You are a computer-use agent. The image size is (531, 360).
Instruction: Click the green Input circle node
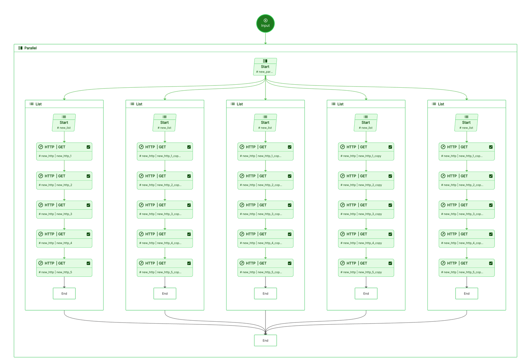click(x=265, y=23)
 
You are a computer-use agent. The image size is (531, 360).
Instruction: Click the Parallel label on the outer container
click(x=30, y=48)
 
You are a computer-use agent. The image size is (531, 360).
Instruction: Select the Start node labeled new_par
click(x=265, y=67)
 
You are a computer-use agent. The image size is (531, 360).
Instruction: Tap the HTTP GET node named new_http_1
click(x=64, y=152)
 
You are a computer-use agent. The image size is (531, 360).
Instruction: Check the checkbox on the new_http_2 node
click(x=88, y=176)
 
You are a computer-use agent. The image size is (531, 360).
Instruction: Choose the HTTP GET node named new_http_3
click(x=64, y=210)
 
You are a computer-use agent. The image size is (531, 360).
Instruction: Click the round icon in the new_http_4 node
click(x=41, y=234)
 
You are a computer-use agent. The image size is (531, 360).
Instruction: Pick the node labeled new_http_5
click(x=64, y=267)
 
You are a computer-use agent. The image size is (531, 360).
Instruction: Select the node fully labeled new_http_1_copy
click(x=366, y=152)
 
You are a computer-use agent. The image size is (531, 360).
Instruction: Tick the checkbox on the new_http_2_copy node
click(x=390, y=176)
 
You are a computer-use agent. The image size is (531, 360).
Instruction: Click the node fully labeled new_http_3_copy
click(x=366, y=210)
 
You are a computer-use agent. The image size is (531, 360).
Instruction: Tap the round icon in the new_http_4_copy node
click(x=343, y=234)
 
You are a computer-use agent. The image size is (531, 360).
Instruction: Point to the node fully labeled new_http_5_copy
click(x=366, y=267)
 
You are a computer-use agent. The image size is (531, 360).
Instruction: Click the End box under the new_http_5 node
click(x=64, y=293)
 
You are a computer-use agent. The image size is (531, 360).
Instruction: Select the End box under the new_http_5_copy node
click(x=366, y=293)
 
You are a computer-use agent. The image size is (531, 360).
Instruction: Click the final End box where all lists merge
click(x=265, y=340)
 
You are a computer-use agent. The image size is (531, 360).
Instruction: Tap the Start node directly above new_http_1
click(x=64, y=123)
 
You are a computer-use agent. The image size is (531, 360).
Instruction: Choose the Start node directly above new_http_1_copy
click(x=366, y=123)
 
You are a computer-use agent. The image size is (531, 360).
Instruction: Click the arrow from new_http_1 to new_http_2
click(x=64, y=166)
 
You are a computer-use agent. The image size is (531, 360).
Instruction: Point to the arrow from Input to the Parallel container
click(x=265, y=38)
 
